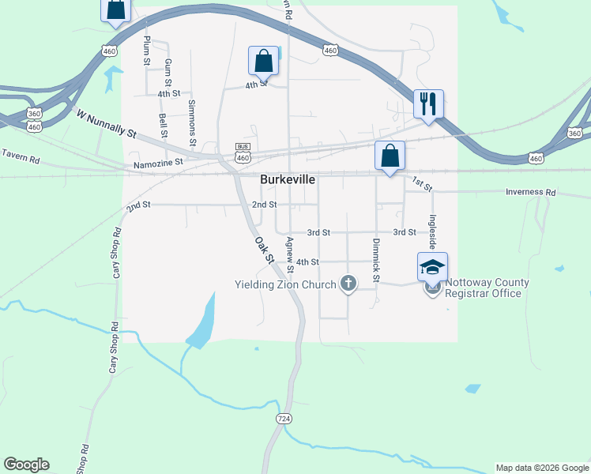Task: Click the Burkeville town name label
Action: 288,180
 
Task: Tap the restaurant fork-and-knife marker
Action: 428,103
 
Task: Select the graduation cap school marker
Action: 432,266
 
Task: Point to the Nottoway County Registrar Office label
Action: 484,288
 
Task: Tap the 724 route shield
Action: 284,416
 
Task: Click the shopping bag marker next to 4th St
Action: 263,61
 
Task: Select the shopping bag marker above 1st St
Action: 390,155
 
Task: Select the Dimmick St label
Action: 376,261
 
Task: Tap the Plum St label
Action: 147,50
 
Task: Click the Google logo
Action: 26,465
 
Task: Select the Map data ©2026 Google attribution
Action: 542,468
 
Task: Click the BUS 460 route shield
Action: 243,152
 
